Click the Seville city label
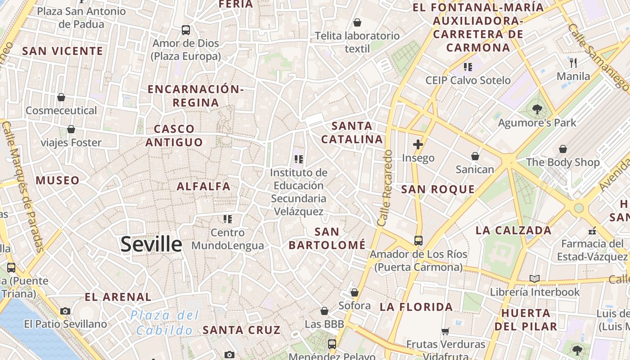click(151, 244)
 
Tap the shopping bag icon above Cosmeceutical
click(61, 97)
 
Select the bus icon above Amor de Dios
click(186, 30)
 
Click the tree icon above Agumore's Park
click(537, 108)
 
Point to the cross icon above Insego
click(418, 144)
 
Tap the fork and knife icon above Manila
click(573, 63)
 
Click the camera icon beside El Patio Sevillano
click(65, 311)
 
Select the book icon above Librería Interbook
click(535, 279)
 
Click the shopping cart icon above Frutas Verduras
click(445, 332)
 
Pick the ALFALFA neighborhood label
click(203, 186)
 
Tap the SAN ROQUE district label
click(438, 189)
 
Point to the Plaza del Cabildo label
click(165, 323)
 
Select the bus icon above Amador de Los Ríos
click(418, 241)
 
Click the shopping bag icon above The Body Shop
click(562, 149)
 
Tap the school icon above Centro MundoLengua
click(227, 219)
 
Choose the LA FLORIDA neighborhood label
click(416, 307)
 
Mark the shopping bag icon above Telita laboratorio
click(357, 22)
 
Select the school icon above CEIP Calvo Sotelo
click(468, 67)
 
